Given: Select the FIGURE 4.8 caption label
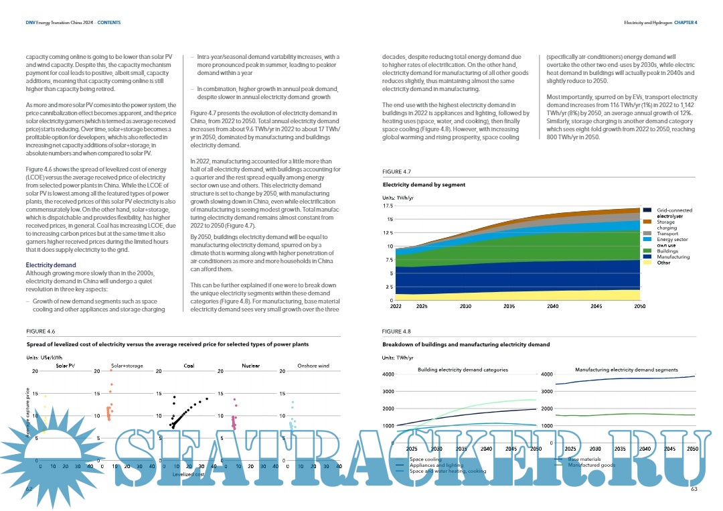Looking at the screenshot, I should pyautogui.click(x=396, y=332).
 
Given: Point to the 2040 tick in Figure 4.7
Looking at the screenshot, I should pyautogui.click(x=552, y=305).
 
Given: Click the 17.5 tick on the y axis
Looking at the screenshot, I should pyautogui.click(x=388, y=206).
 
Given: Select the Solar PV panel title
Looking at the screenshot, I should pyautogui.click(x=65, y=366).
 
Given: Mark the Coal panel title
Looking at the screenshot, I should pyautogui.click(x=189, y=366).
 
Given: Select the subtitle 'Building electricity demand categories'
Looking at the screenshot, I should pyautogui.click(x=463, y=370).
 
